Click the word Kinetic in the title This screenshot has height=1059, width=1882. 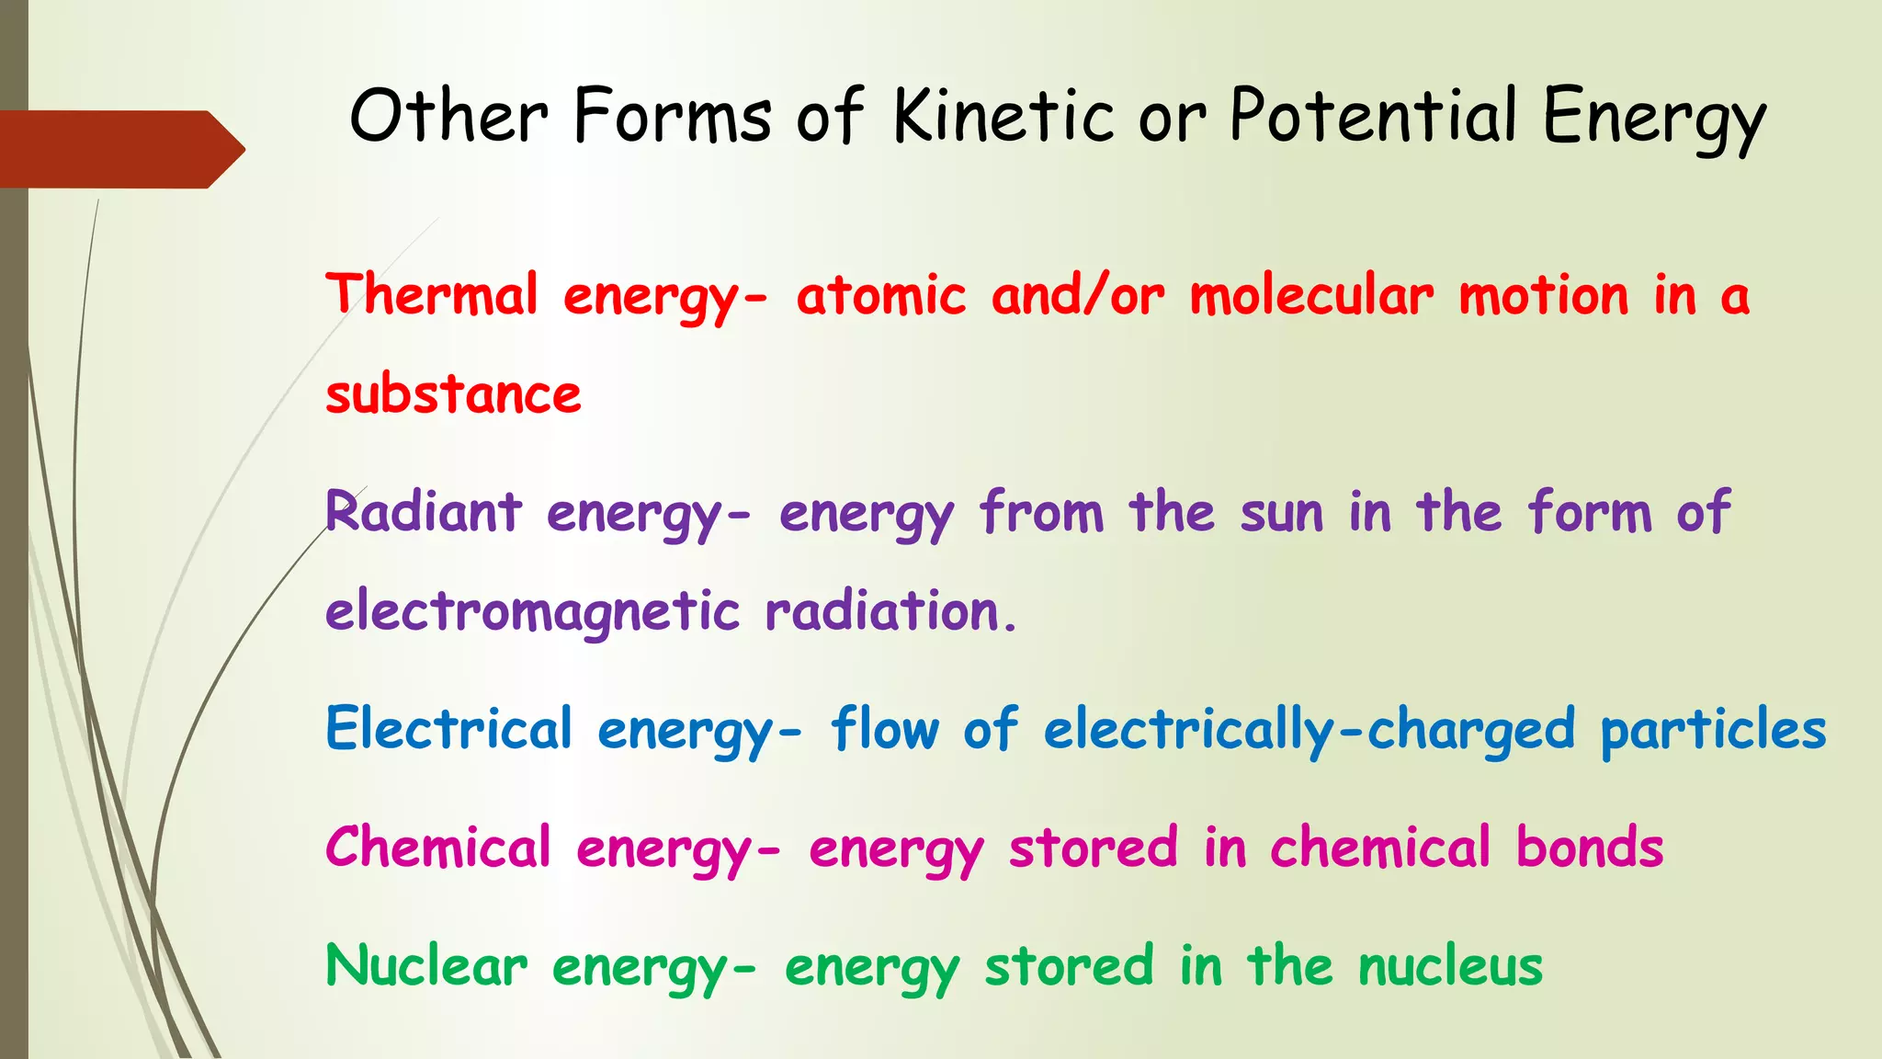(1004, 116)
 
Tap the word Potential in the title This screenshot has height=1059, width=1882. (1373, 116)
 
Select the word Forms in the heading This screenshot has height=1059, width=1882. (672, 116)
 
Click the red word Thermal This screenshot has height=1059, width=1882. (432, 295)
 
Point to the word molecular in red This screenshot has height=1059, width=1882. (1311, 295)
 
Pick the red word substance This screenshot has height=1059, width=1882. (453, 394)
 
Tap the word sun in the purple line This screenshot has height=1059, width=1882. (1282, 513)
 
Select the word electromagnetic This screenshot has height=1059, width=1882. (532, 611)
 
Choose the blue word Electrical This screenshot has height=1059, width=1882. (448, 729)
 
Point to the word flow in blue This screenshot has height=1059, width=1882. (885, 729)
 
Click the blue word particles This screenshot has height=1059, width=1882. (1713, 731)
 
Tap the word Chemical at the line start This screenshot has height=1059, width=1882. (437, 847)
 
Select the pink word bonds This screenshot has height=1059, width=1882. (1590, 847)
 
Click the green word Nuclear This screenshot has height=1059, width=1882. (426, 966)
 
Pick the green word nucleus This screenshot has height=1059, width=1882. (1450, 966)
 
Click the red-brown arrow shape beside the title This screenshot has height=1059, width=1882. (119, 149)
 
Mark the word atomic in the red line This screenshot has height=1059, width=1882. (881, 295)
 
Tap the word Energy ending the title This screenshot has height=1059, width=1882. (1654, 118)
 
